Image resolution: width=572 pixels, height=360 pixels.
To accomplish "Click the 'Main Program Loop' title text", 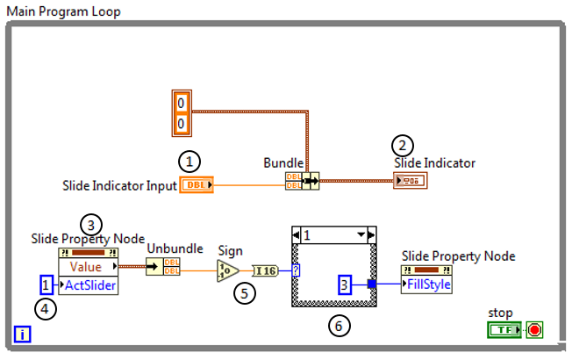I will pyautogui.click(x=63, y=11).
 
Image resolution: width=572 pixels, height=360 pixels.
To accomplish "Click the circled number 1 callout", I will pyautogui.click(x=189, y=162).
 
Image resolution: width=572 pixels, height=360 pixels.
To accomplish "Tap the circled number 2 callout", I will pyautogui.click(x=404, y=147).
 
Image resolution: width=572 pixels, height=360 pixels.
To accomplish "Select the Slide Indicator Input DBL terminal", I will pyautogui.click(x=194, y=184).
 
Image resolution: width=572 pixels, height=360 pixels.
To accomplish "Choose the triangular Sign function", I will pyautogui.click(x=227, y=270).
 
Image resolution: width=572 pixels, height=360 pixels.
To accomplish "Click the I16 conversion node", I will pyautogui.click(x=265, y=270).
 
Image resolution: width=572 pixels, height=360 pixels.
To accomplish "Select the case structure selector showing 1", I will pyautogui.click(x=333, y=235).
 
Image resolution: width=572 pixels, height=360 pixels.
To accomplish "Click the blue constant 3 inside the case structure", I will pyautogui.click(x=346, y=284).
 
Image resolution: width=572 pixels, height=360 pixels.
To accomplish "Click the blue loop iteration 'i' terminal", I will pyautogui.click(x=22, y=334).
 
